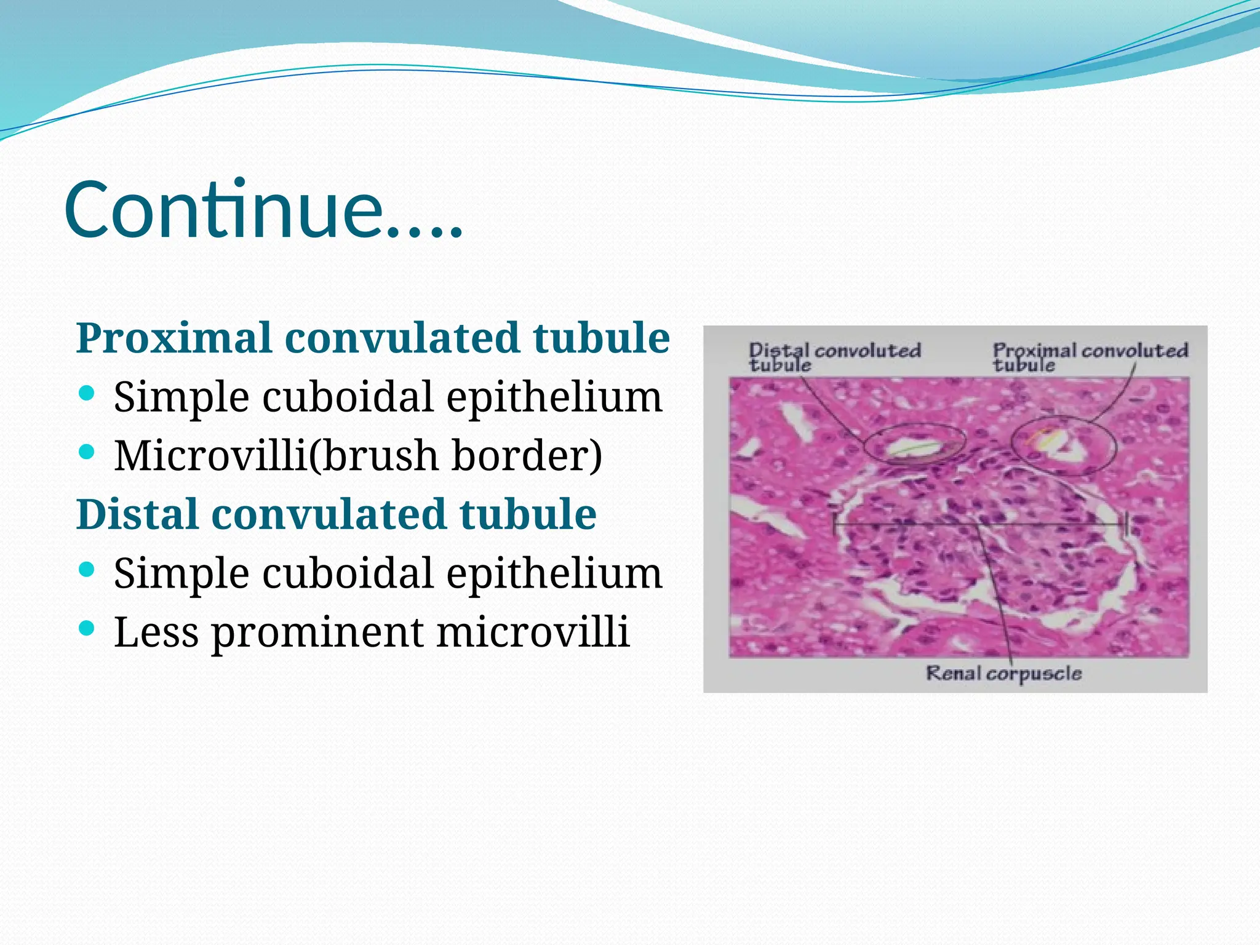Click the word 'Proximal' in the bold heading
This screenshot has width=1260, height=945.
tap(174, 338)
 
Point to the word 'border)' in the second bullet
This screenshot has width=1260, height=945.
tap(527, 456)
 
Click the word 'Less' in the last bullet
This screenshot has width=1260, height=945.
tap(156, 632)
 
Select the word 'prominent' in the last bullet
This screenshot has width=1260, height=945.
tap(318, 632)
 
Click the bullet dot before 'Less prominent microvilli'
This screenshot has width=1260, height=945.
tap(87, 628)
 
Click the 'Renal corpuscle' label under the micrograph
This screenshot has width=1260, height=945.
tap(1003, 673)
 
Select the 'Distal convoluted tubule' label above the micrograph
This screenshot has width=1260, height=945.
tap(834, 357)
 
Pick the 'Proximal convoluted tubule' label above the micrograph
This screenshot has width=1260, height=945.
tap(1090, 357)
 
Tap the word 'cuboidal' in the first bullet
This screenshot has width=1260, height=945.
tap(348, 397)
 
